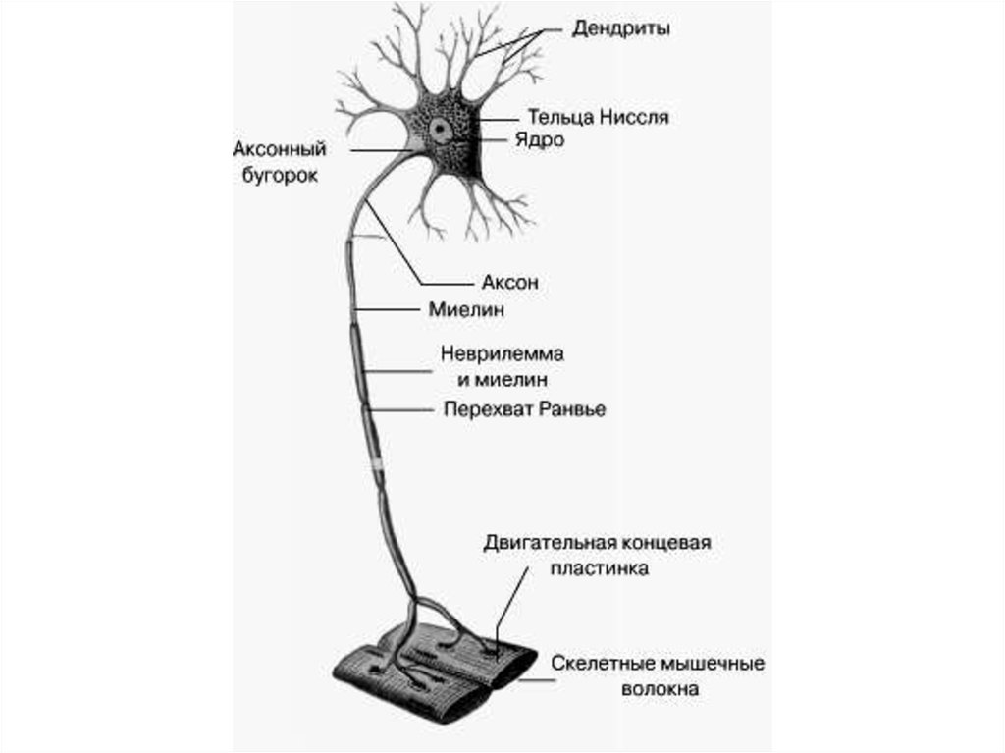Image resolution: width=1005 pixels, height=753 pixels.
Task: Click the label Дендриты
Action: click(x=620, y=29)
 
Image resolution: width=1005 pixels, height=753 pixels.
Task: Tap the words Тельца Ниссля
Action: click(x=598, y=118)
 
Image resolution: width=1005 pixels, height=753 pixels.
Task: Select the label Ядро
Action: click(x=540, y=140)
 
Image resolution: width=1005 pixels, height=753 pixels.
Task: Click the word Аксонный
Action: click(x=280, y=149)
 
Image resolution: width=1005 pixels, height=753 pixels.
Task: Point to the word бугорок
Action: click(x=280, y=175)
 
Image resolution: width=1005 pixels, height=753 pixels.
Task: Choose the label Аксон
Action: click(x=509, y=282)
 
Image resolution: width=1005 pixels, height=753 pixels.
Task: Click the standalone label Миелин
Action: click(x=466, y=310)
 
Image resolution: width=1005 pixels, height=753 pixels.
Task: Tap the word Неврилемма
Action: click(x=502, y=353)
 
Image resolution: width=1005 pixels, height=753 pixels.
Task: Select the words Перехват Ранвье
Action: click(x=524, y=409)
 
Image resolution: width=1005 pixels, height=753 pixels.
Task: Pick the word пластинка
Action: click(x=600, y=568)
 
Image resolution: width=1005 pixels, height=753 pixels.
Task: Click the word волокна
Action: click(x=660, y=689)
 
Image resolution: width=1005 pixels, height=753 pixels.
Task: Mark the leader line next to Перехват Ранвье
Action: click(x=401, y=409)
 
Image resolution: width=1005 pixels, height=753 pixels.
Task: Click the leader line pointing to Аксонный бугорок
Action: click(x=383, y=151)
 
